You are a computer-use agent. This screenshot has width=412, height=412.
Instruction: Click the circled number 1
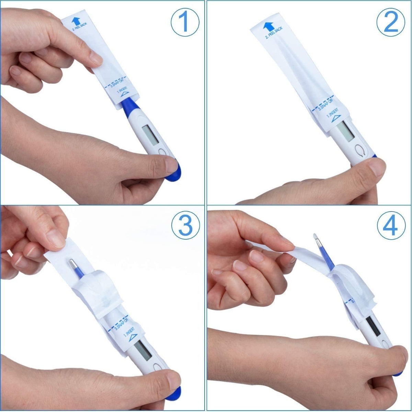[x=185, y=22]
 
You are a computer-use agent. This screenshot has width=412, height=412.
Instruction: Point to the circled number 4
[x=391, y=226]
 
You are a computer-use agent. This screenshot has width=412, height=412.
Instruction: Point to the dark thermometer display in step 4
[x=373, y=327]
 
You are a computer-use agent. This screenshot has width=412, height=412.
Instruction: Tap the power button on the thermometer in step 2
[x=360, y=150]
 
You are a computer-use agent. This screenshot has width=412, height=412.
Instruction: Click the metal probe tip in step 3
[x=73, y=264]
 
